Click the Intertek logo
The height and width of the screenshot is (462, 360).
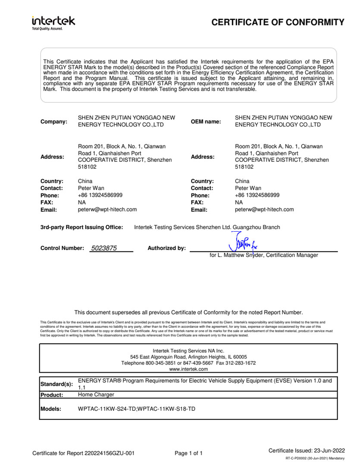coord(53,22)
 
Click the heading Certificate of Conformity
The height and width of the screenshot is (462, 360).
coord(278,22)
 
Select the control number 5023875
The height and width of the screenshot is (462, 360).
coord(104,248)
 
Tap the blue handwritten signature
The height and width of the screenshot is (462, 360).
coord(243,243)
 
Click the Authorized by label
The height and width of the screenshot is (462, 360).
coord(166,248)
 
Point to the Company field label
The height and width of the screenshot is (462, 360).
coord(54,122)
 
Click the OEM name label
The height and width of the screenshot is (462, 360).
coord(206,122)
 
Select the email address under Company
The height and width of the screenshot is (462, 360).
coord(107,210)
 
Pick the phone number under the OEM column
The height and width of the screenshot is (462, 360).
coord(257,195)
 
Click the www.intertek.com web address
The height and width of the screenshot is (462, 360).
coord(188,369)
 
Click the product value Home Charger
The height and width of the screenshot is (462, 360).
coord(96,395)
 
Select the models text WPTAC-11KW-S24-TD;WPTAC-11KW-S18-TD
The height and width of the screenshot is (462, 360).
coord(136,409)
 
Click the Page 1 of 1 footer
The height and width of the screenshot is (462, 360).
coord(188,453)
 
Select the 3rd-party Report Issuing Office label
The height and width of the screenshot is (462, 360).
coord(81,227)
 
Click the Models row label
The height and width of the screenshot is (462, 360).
coord(51,409)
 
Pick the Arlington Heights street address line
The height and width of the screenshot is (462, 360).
coord(188,357)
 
